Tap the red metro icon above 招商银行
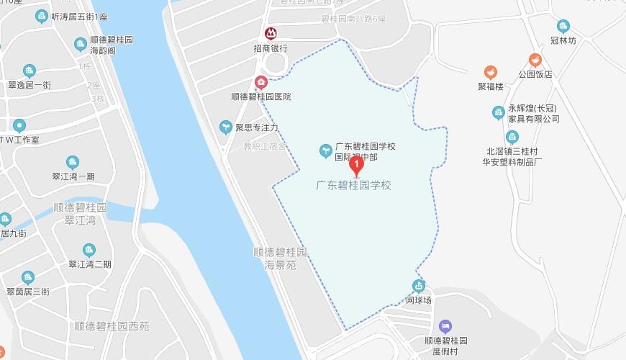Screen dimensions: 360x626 point(270,33)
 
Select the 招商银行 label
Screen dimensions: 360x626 point(270,48)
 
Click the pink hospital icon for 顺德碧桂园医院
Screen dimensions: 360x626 point(260,81)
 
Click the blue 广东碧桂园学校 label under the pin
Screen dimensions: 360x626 point(354,185)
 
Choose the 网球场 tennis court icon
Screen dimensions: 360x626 point(418,286)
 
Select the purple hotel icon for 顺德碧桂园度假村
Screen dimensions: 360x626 point(445,327)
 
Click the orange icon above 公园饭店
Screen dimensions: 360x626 point(535,60)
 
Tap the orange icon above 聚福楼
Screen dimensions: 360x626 point(490,72)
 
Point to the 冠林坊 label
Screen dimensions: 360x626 point(563,41)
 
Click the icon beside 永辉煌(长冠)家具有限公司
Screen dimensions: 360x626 point(498,113)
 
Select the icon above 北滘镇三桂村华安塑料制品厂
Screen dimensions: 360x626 point(512,138)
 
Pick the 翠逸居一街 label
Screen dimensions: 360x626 point(30,85)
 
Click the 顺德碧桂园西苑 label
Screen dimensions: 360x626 point(112,326)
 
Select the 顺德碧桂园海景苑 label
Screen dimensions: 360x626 point(281,259)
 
